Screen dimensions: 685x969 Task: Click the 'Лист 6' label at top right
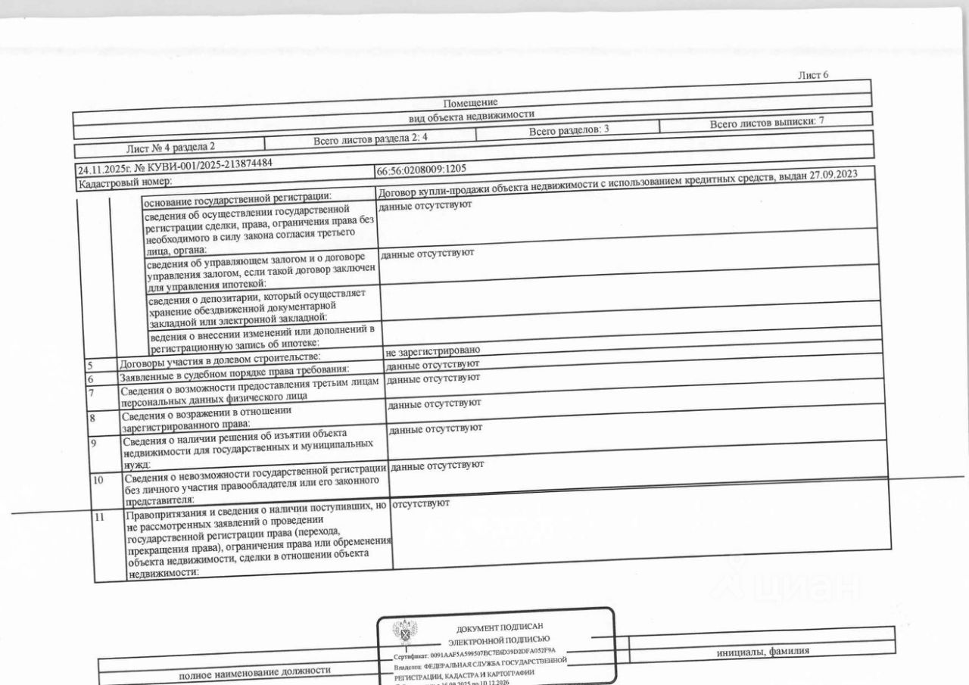coord(814,75)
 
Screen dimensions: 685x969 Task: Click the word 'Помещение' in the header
coord(471,103)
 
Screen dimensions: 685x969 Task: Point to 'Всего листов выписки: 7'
coord(766,123)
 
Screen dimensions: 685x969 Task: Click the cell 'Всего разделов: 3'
coord(569,130)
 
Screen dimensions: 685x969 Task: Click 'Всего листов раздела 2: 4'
coord(371,139)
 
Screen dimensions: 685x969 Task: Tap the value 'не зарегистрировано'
coord(433,351)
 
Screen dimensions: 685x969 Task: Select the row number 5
coord(89,366)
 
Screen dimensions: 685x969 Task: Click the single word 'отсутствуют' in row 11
coord(422,503)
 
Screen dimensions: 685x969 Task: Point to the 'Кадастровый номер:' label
coord(125,182)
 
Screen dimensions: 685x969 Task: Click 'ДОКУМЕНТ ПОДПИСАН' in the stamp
coord(499,628)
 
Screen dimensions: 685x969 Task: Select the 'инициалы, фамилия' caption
coord(762,650)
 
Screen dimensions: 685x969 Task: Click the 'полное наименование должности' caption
coord(254,671)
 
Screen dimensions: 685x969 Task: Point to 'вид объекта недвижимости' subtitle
coord(471,115)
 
